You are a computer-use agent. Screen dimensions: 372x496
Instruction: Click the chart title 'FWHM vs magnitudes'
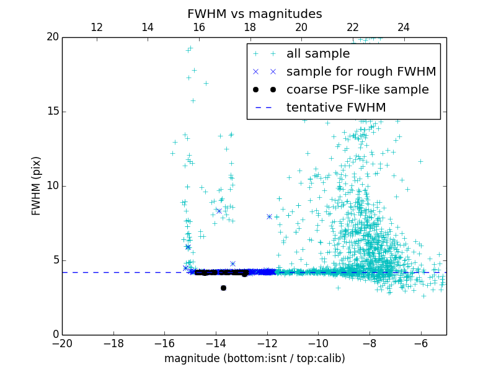coord(254,14)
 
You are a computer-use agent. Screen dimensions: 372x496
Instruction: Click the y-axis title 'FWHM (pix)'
coord(37,186)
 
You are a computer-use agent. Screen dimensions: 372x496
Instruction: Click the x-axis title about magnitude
coord(254,358)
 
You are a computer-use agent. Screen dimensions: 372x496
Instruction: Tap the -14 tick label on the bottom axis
coord(216,343)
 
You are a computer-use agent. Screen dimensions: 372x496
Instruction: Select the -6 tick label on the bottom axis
coord(420,343)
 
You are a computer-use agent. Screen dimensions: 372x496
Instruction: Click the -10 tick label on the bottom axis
coord(318,343)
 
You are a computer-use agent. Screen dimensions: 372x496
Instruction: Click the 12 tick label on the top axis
coord(97,27)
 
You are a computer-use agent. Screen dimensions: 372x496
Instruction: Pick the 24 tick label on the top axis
coord(404,27)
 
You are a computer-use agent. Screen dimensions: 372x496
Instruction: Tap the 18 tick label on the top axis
coord(250,27)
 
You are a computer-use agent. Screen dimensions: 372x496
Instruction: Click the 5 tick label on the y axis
coord(55,260)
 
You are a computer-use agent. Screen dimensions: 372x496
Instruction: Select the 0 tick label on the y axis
coord(55,335)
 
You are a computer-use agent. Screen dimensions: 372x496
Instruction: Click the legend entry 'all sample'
coord(318,54)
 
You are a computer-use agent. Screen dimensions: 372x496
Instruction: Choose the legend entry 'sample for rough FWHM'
coord(361,72)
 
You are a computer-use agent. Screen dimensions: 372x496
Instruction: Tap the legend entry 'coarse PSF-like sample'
coord(357,90)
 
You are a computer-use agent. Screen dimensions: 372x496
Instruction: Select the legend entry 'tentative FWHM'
coord(336,108)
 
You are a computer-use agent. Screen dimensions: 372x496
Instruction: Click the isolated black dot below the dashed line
coord(223,288)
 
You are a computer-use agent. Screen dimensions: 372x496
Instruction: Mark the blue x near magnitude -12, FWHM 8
coord(269,216)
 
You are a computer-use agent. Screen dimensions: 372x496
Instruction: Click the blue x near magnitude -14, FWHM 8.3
coord(218,211)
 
